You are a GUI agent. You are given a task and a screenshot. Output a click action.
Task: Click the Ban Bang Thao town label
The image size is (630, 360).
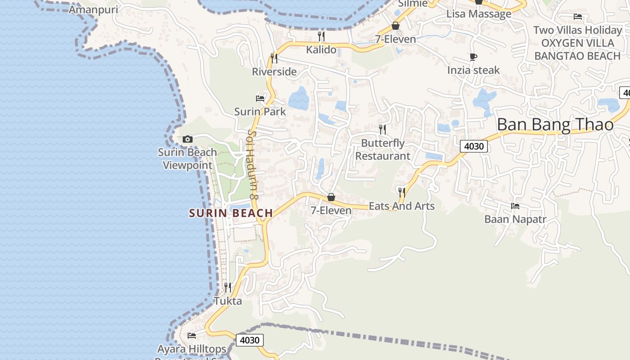555,125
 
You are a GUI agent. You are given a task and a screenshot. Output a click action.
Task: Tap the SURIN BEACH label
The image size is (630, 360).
231,213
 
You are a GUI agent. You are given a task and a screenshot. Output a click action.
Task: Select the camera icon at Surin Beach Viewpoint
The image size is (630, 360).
188,139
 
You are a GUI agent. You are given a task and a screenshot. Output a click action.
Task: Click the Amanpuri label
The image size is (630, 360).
93,9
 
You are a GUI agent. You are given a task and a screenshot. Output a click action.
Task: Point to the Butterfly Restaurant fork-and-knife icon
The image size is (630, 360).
382,130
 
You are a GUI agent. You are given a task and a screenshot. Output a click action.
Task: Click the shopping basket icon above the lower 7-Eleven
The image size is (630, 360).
331,197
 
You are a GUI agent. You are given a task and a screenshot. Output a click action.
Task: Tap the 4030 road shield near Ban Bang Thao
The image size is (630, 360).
474,146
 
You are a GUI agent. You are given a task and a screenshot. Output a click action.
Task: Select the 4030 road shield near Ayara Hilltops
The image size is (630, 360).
249,340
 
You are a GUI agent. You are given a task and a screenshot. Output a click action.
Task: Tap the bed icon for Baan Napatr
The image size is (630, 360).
515,206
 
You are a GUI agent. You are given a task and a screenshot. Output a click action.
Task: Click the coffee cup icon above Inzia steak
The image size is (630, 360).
473,57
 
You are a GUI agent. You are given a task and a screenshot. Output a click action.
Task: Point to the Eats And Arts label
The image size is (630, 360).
401,206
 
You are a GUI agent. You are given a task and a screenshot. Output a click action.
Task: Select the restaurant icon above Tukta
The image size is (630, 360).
228,287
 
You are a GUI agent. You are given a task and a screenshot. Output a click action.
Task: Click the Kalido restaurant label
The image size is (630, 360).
321,49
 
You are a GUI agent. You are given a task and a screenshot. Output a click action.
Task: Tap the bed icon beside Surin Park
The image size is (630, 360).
260,98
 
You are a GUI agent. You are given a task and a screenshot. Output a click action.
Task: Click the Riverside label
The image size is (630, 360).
274,72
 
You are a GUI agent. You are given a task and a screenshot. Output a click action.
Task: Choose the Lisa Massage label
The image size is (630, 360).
479,14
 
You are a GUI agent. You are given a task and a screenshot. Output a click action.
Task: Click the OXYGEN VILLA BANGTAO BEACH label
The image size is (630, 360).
578,49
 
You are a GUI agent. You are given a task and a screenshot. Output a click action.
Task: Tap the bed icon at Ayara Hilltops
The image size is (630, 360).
192,336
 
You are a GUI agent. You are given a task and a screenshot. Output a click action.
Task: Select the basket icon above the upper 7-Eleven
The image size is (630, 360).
396,26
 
